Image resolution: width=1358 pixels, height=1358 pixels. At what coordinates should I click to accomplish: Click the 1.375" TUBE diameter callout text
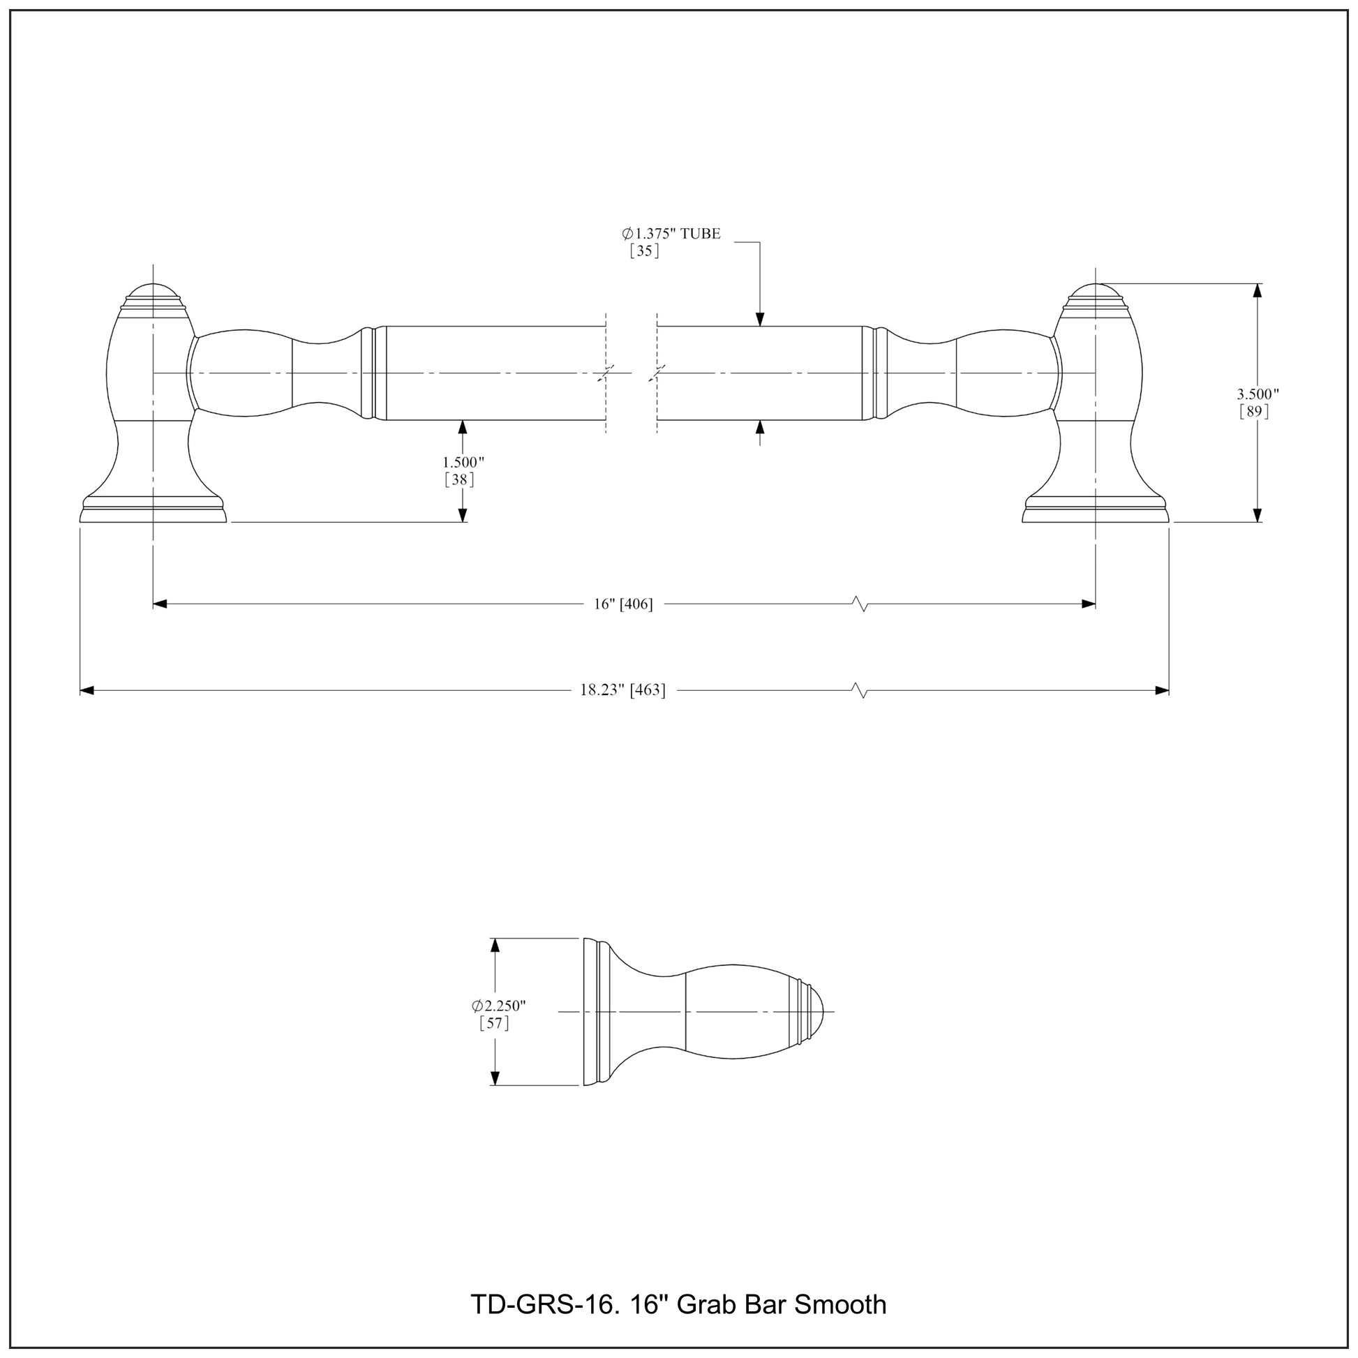tap(671, 234)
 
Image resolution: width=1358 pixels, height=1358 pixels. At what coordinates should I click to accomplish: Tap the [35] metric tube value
tap(644, 251)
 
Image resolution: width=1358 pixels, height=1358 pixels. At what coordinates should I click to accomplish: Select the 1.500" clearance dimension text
tap(463, 463)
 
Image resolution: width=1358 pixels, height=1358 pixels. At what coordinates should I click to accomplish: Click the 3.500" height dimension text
tap(1258, 394)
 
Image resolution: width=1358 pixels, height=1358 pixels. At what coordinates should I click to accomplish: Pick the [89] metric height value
tap(1254, 412)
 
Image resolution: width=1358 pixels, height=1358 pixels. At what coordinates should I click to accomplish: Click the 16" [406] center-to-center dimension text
tap(622, 604)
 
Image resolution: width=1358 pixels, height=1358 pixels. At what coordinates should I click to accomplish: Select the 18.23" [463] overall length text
tap(622, 690)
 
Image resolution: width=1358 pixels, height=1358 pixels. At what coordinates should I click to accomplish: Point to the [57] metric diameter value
tap(494, 1024)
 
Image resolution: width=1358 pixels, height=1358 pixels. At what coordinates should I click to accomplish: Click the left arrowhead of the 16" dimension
tap(160, 604)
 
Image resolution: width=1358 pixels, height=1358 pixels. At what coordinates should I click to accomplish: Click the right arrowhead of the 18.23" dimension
tap(1163, 691)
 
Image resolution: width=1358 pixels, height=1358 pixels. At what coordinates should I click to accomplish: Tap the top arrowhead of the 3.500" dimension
tap(1258, 290)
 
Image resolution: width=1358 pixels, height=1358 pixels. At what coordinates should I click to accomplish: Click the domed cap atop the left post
tap(154, 291)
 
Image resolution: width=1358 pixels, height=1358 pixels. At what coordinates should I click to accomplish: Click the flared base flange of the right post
tap(1094, 512)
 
